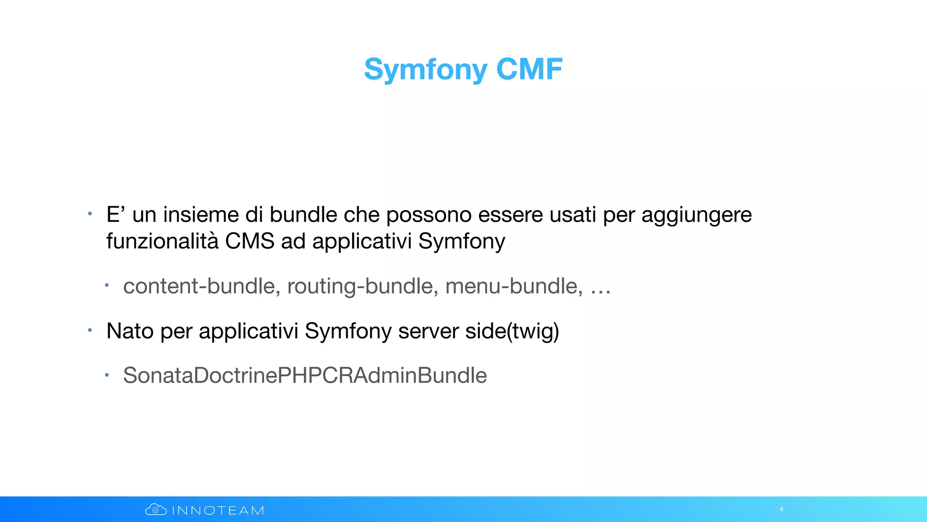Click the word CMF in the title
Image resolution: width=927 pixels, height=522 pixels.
pyautogui.click(x=529, y=69)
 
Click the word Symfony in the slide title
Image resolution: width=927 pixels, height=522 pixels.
pyautogui.click(x=425, y=70)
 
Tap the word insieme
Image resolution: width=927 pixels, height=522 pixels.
pyautogui.click(x=201, y=215)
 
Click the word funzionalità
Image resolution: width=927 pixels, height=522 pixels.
pyautogui.click(x=162, y=241)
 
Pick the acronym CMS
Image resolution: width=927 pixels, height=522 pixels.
pyautogui.click(x=249, y=241)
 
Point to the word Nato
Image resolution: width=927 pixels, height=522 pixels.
pyautogui.click(x=130, y=331)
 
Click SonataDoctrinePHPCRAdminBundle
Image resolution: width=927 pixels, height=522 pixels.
pyautogui.click(x=305, y=376)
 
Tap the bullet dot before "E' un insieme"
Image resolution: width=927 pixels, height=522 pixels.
pyautogui.click(x=90, y=213)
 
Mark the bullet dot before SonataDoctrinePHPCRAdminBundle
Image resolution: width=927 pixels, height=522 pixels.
pyautogui.click(x=107, y=375)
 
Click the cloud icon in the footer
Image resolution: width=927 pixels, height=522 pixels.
pyautogui.click(x=156, y=510)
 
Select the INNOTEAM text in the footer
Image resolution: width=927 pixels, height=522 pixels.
pyautogui.click(x=218, y=511)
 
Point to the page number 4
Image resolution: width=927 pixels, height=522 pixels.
pyautogui.click(x=781, y=509)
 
